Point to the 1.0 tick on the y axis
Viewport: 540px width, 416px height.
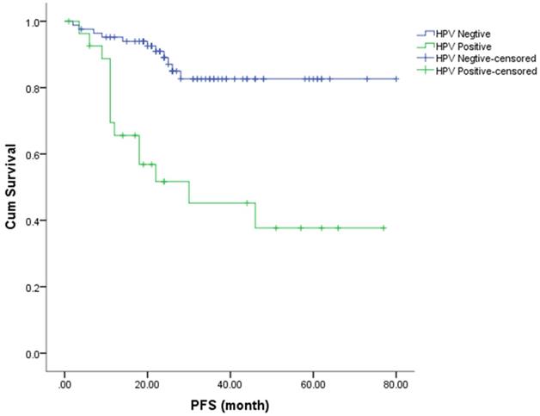pyautogui.click(x=35, y=22)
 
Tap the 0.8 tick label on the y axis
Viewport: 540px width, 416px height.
pyautogui.click(x=35, y=88)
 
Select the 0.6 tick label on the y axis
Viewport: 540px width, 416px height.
pyautogui.click(x=35, y=154)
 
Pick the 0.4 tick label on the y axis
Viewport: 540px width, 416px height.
pyautogui.click(x=35, y=220)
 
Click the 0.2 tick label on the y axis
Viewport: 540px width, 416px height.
pyautogui.click(x=35, y=287)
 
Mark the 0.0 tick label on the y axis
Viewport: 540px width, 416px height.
pyautogui.click(x=35, y=353)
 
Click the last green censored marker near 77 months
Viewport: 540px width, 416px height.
pyautogui.click(x=384, y=228)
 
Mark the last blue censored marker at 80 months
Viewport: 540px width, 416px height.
pyautogui.click(x=396, y=78)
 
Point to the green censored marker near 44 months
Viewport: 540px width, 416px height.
pyautogui.click(x=247, y=203)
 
